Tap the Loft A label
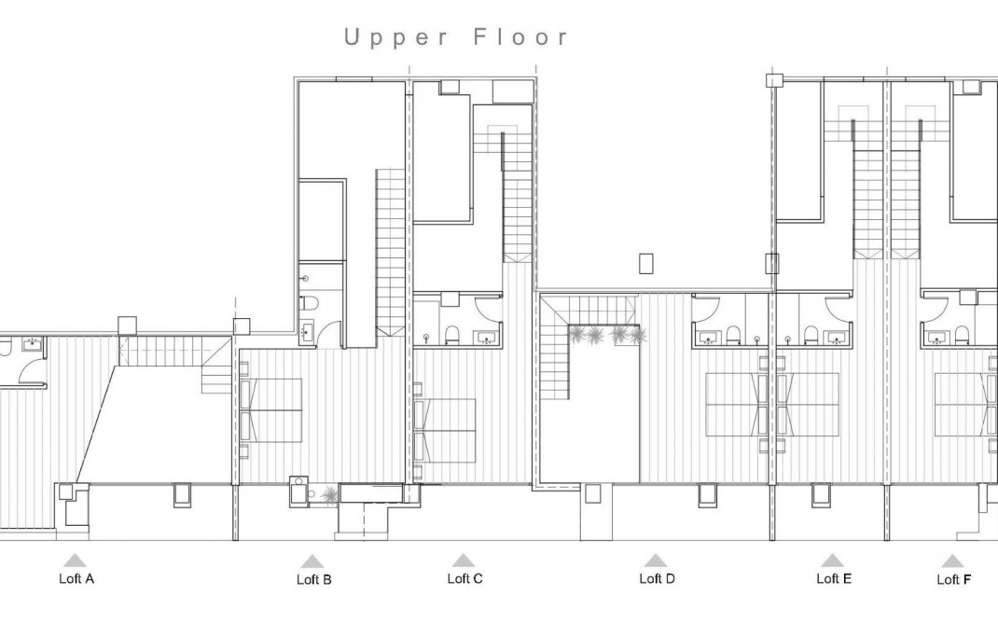(x=76, y=578)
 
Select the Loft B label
(x=313, y=579)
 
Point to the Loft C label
(x=464, y=578)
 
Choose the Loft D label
(x=657, y=578)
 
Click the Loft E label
(x=833, y=578)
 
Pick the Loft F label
(x=954, y=579)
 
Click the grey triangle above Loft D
(x=656, y=560)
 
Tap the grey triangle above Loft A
(x=75, y=560)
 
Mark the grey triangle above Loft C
(x=464, y=560)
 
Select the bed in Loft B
(x=271, y=410)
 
